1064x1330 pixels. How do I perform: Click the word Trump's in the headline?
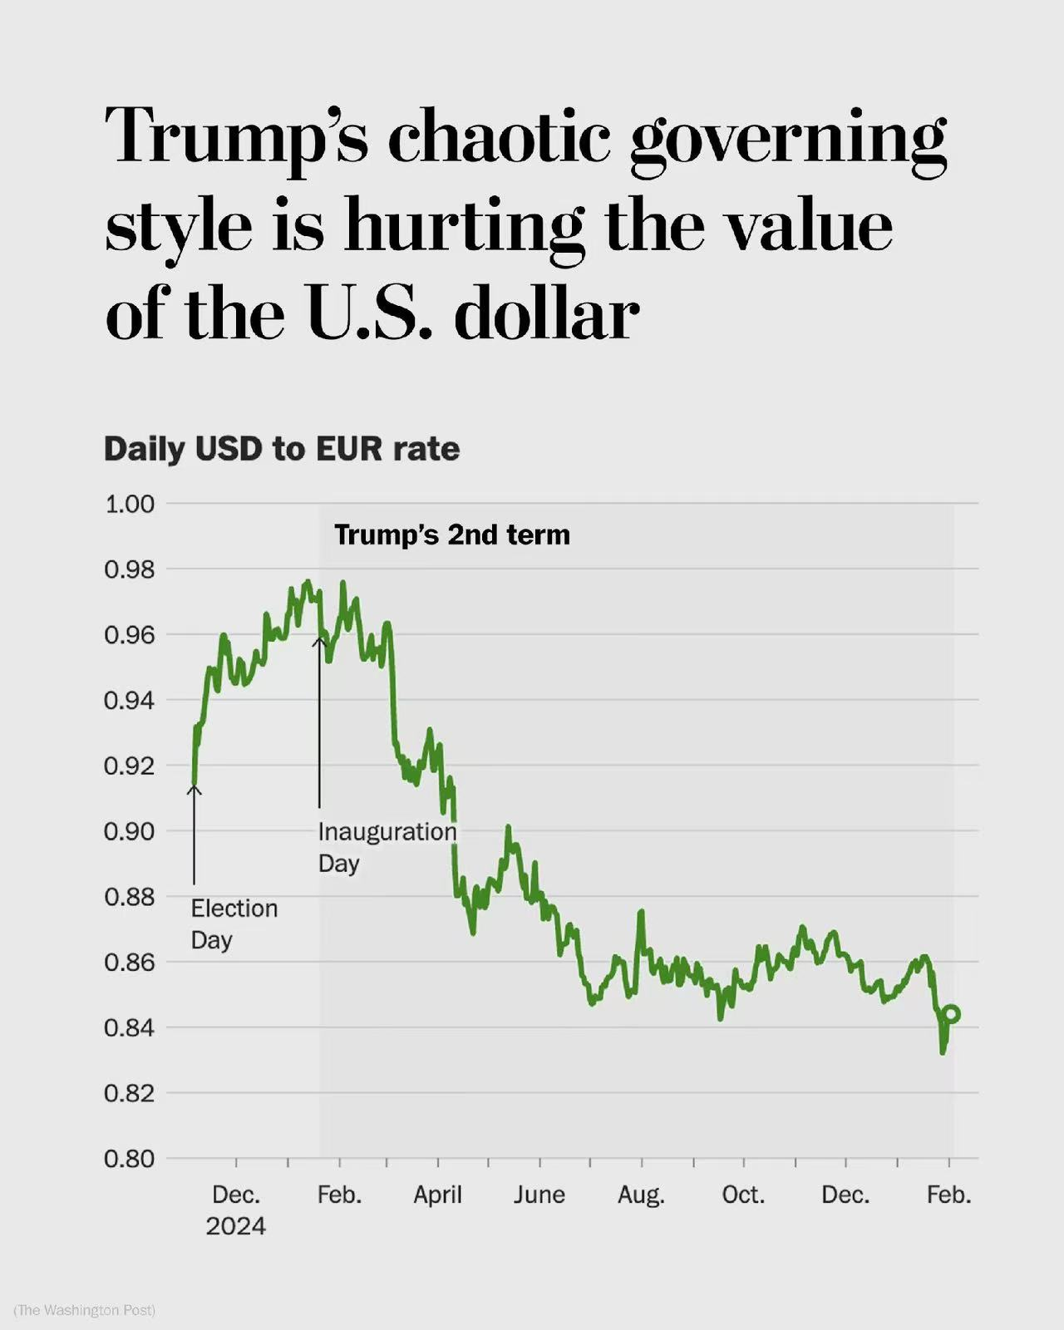click(x=236, y=138)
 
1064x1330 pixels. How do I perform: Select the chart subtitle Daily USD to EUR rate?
click(x=282, y=449)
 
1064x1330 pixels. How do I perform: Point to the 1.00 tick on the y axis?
click(x=129, y=504)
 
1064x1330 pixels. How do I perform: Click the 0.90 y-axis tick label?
click(x=129, y=831)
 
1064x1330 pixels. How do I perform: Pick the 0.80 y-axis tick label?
click(x=129, y=1159)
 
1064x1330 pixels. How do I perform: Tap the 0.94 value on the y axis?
click(x=129, y=701)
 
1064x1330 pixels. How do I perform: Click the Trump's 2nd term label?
click(x=452, y=534)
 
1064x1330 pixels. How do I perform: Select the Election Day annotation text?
click(x=234, y=924)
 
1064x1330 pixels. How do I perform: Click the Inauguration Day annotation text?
click(x=387, y=846)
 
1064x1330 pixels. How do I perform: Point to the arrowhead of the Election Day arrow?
click(x=194, y=788)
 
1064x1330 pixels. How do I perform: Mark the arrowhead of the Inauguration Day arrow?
click(x=319, y=639)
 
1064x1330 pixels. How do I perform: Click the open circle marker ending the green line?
click(x=952, y=1014)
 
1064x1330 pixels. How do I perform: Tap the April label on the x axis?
click(x=437, y=1195)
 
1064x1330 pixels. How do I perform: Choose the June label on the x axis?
click(x=539, y=1195)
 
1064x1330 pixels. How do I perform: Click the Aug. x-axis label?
click(x=641, y=1195)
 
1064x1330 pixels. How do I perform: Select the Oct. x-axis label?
click(x=742, y=1195)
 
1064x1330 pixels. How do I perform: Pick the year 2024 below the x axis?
click(x=236, y=1226)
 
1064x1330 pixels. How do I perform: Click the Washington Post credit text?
click(x=85, y=1310)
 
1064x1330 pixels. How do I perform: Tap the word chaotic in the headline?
click(x=499, y=138)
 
